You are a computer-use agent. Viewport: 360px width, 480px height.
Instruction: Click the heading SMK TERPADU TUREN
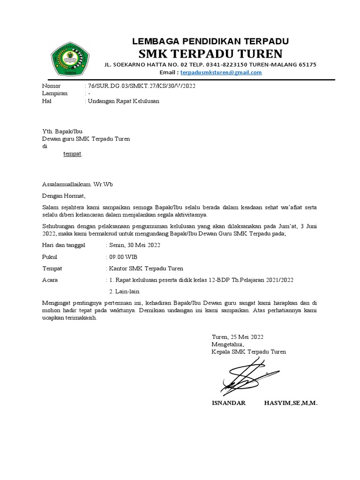(210, 52)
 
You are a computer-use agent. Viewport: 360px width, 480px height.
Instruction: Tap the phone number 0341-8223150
(220, 65)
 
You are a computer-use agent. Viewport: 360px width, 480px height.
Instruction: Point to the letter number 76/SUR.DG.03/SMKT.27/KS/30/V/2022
(140, 86)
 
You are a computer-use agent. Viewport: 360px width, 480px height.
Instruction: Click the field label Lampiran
(55, 93)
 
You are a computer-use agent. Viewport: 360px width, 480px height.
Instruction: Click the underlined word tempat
(73, 154)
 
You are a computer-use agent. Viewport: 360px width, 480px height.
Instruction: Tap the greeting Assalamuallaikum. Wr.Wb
(77, 184)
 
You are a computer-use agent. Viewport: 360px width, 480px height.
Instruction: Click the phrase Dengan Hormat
(64, 196)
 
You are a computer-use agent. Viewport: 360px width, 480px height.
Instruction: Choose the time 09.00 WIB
(123, 257)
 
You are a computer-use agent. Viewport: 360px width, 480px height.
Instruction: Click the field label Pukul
(49, 257)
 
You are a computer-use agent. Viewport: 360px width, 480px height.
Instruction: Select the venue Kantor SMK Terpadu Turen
(146, 269)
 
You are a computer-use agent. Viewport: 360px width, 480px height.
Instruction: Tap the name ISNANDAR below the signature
(229, 403)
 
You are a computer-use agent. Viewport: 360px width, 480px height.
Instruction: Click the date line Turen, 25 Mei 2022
(238, 337)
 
